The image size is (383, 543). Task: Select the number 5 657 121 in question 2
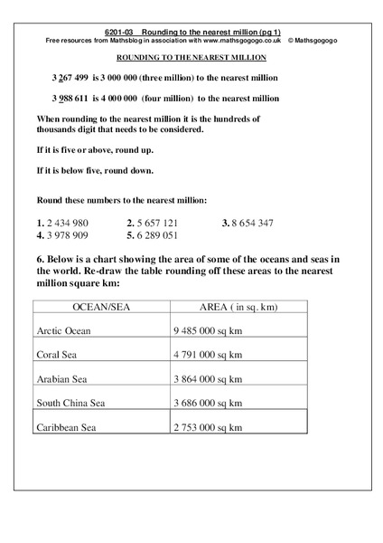pos(158,222)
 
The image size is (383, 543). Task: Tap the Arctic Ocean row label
pos(66,330)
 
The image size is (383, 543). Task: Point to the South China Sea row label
pos(71,401)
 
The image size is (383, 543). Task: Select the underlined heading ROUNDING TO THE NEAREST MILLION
pos(191,56)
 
